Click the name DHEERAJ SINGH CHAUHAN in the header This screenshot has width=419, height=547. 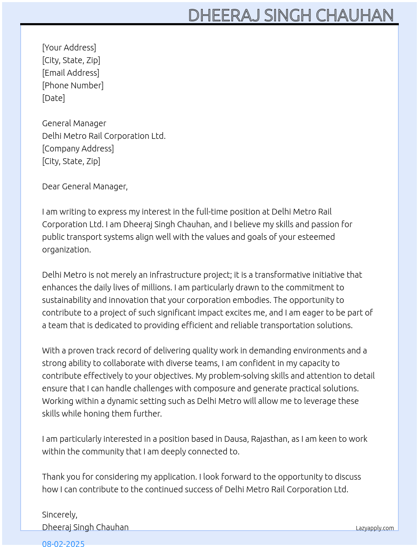(x=291, y=16)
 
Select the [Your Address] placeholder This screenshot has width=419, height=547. (x=69, y=48)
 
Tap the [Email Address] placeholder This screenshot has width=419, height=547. (x=71, y=73)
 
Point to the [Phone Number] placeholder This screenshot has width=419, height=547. (x=73, y=85)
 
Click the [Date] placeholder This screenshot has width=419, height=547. (x=53, y=98)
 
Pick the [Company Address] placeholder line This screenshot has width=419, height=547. (x=78, y=149)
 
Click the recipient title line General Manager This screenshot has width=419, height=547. (x=74, y=123)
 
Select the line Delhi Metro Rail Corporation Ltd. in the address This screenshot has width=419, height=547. (x=104, y=136)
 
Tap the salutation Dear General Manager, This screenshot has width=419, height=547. (x=85, y=186)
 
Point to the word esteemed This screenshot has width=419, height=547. (x=316, y=237)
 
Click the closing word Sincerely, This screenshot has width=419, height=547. (x=59, y=515)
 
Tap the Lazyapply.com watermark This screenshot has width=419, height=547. (x=375, y=528)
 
